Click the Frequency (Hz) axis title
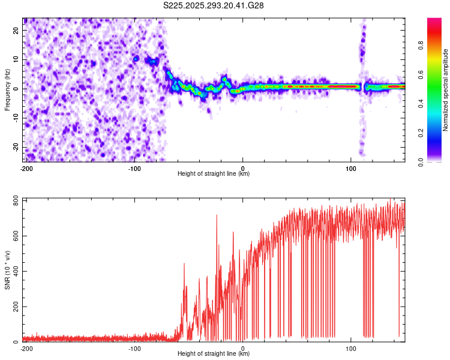7,89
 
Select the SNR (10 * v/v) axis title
7,269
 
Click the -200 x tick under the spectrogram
26,167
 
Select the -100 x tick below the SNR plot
134,348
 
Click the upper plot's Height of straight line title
214,174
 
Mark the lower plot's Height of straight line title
214,354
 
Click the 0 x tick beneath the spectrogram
242,167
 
